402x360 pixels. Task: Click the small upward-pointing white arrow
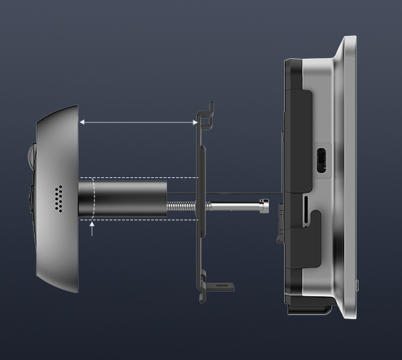click(92, 228)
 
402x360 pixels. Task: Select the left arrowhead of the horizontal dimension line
click(80, 123)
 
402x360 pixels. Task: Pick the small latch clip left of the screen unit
click(279, 223)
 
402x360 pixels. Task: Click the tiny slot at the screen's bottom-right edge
click(358, 283)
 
